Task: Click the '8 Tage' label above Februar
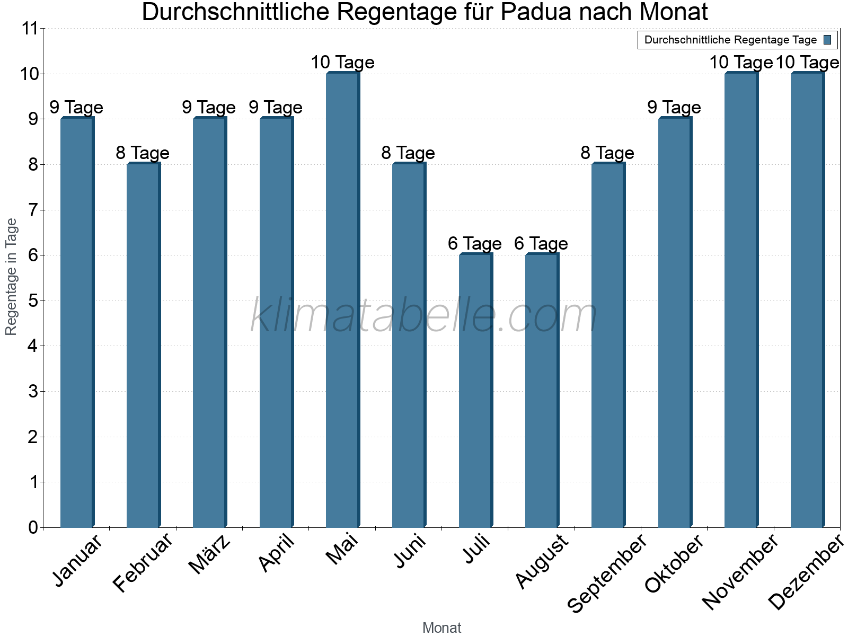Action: click(143, 153)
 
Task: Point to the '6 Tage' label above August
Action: click(541, 244)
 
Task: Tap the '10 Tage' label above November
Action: click(740, 63)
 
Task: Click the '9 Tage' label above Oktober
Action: click(674, 108)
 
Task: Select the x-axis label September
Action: click(607, 572)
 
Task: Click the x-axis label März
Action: click(210, 554)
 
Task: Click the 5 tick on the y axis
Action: click(33, 301)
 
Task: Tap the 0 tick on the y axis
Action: click(33, 527)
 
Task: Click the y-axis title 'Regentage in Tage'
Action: click(11, 277)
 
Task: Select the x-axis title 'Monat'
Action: click(441, 628)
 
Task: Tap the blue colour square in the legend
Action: click(827, 40)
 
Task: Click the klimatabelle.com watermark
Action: click(424, 316)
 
